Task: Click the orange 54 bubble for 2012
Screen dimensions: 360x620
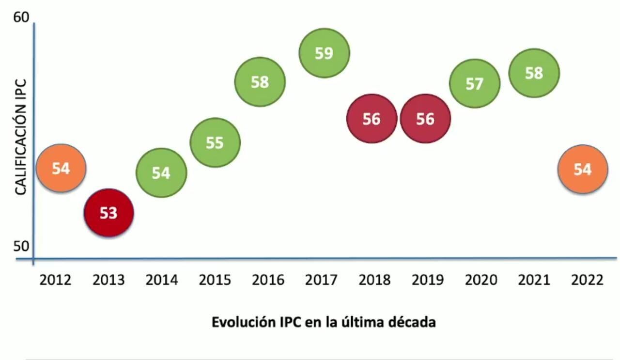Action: click(x=61, y=168)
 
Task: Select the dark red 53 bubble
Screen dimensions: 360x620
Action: click(x=108, y=212)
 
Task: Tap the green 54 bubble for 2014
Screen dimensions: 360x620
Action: click(x=161, y=172)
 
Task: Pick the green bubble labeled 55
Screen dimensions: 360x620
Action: click(x=215, y=142)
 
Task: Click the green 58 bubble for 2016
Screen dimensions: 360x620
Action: click(x=260, y=82)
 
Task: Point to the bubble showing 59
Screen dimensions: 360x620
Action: click(x=324, y=53)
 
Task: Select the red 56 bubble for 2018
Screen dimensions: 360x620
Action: click(x=372, y=119)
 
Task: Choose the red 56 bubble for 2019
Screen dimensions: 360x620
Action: click(x=425, y=119)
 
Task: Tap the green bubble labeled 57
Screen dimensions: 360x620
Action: click(x=474, y=83)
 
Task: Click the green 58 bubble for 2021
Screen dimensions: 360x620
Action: click(x=534, y=73)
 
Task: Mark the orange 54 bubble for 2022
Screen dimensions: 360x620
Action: click(x=582, y=169)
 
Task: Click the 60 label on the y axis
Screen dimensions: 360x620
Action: click(x=21, y=17)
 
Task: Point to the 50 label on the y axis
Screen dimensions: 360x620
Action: click(x=21, y=246)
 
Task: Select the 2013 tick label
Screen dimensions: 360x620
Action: click(x=108, y=280)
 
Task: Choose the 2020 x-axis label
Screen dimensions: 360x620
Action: click(x=481, y=280)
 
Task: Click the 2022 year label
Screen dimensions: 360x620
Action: click(x=587, y=280)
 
